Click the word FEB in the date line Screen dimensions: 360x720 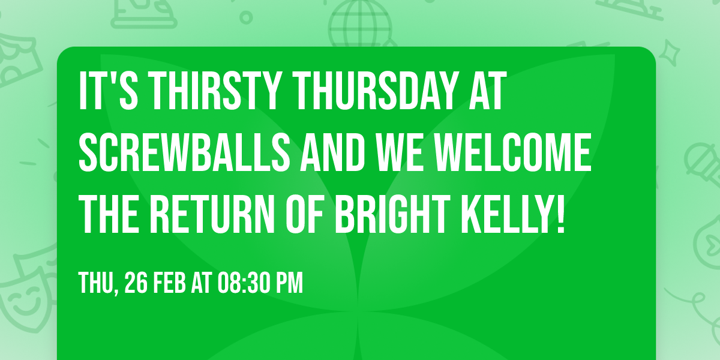point(170,282)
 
